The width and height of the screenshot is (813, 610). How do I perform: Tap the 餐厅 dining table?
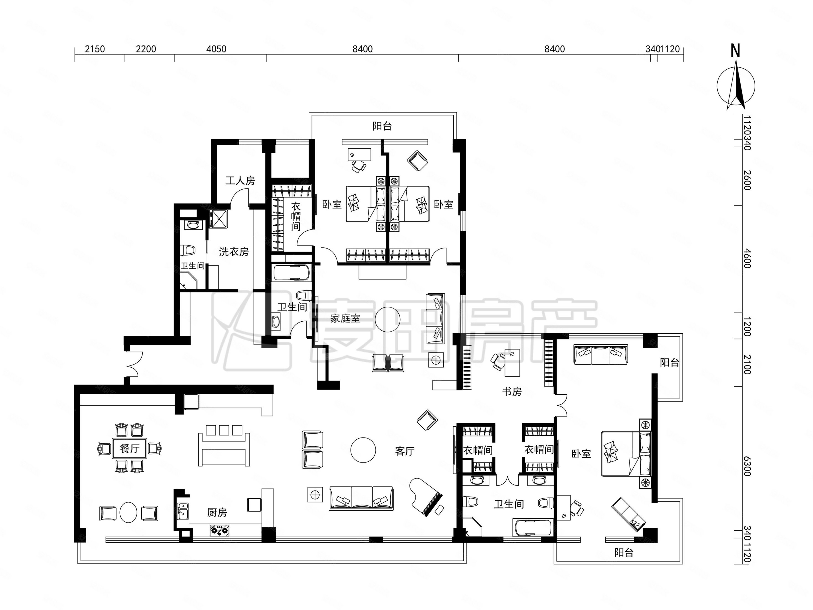point(129,448)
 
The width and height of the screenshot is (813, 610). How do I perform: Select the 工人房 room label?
point(240,181)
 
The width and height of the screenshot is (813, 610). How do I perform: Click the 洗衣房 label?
point(234,251)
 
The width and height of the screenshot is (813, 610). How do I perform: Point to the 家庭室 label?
point(345,318)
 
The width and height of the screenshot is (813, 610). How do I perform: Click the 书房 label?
point(512,392)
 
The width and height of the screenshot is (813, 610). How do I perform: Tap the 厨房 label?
point(217,512)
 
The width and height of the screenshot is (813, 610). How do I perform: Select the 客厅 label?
point(405,451)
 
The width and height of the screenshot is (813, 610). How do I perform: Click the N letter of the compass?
point(735,51)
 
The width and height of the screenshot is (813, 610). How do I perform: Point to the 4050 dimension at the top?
point(216,49)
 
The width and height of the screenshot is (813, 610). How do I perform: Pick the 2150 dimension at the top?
point(95,49)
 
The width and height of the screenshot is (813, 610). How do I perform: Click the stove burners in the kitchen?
point(220,530)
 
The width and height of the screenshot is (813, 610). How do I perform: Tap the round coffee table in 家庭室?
point(388,319)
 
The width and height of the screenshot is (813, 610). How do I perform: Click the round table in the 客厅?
point(363,450)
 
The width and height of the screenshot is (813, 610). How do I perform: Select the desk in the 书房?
point(512,363)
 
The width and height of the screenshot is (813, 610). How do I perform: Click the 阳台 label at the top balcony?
point(382,126)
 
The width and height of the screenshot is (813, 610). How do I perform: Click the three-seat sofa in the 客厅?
point(361,498)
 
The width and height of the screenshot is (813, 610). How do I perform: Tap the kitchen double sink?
point(183,511)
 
